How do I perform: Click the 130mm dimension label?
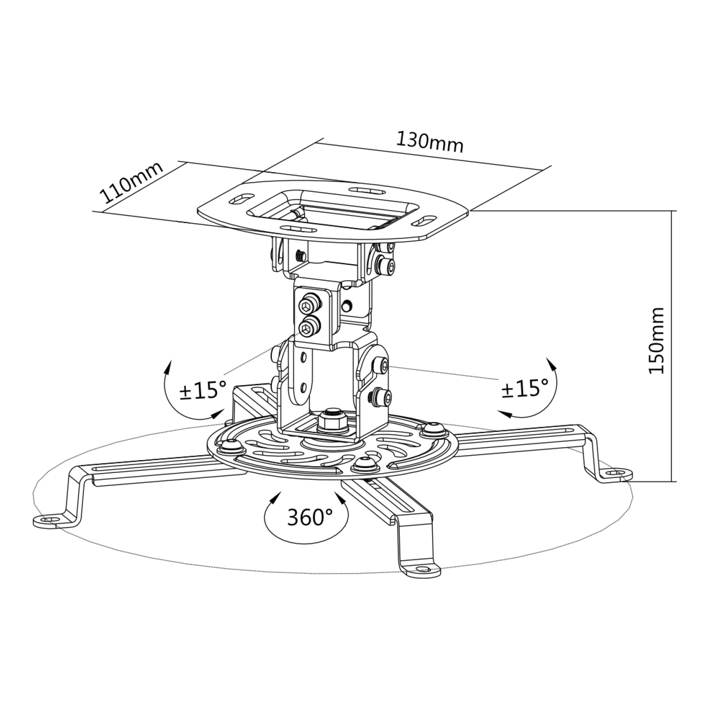(429, 142)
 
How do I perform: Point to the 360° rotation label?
(309, 518)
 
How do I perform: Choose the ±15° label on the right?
(525, 388)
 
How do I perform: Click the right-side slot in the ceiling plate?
(424, 220)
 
